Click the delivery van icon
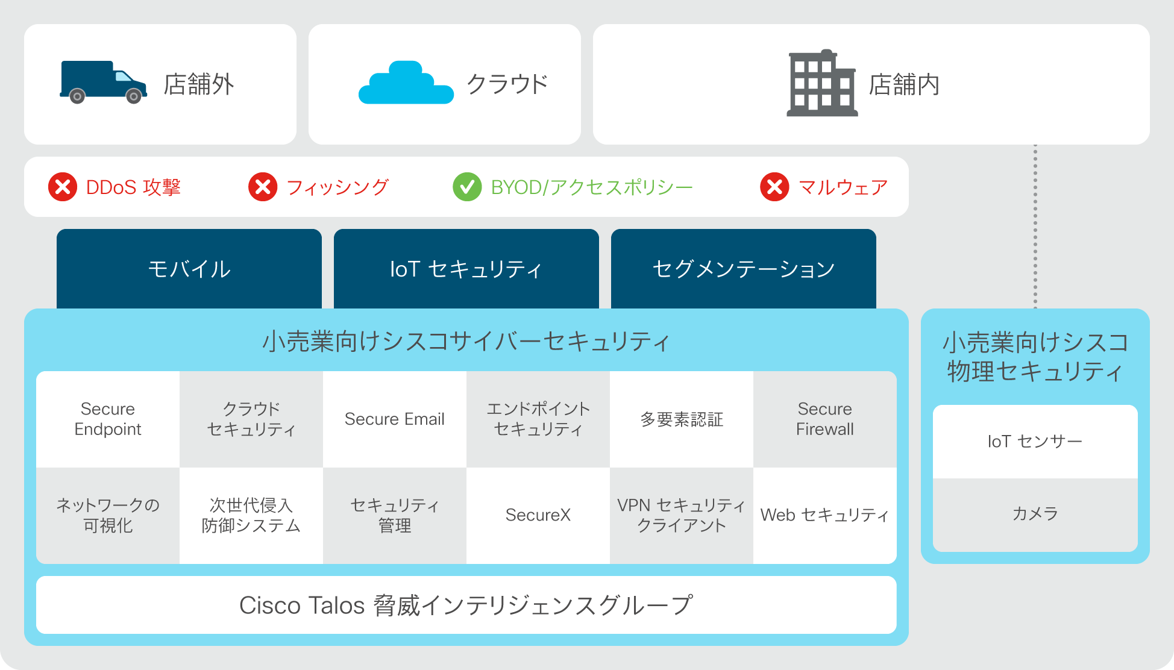[103, 82]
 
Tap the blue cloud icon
[406, 83]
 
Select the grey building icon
[822, 83]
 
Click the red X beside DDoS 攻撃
[63, 187]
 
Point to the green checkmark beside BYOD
[467, 187]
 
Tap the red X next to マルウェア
[774, 187]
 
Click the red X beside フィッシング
[263, 187]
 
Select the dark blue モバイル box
[189, 269]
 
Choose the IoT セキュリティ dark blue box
[466, 269]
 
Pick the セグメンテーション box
[744, 269]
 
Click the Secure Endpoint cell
[108, 419]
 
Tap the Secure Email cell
[395, 419]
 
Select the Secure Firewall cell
[825, 419]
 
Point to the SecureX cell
[538, 515]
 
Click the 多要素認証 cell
[682, 419]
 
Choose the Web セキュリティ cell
[825, 515]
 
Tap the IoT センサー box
[1035, 442]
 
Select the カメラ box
[1035, 515]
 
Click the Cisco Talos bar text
[466, 605]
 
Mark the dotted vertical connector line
[1035, 227]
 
